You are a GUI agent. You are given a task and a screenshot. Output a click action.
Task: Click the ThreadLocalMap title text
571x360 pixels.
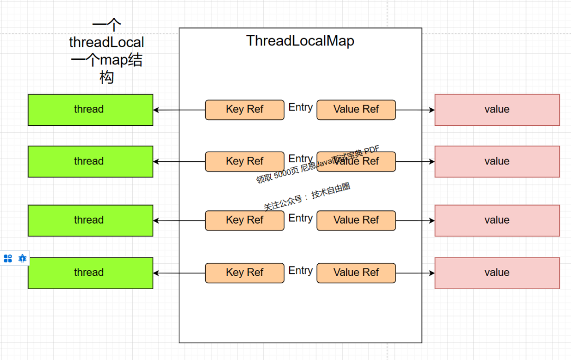(x=300, y=41)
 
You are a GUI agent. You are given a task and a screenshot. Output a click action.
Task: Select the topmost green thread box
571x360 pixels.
(x=90, y=110)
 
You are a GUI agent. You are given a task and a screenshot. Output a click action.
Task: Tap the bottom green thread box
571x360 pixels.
(x=90, y=273)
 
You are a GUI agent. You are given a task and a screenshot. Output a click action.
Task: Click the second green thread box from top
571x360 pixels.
(x=90, y=162)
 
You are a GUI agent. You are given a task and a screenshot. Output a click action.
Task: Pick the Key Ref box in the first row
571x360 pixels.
(x=244, y=110)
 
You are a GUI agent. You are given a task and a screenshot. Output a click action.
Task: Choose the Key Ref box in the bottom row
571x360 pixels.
(x=244, y=273)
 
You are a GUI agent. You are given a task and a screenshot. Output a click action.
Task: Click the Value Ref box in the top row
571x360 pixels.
(x=356, y=110)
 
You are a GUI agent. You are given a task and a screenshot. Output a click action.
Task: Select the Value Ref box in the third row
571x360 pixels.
(x=356, y=220)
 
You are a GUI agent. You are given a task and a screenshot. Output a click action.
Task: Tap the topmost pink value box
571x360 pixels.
(x=497, y=110)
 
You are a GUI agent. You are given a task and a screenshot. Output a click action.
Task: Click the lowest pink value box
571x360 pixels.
(x=497, y=273)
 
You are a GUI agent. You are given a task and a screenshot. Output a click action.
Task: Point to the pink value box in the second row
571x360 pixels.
(x=497, y=162)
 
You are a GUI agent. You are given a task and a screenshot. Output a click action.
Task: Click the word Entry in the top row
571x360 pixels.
(x=300, y=107)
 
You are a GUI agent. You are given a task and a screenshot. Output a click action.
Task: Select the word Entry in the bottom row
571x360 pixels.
(x=300, y=271)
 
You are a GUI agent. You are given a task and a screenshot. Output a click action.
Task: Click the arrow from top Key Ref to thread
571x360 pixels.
(x=179, y=110)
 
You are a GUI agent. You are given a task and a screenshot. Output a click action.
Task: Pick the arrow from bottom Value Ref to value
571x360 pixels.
(x=415, y=273)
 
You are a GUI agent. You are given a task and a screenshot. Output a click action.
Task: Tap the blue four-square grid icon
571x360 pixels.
(x=8, y=259)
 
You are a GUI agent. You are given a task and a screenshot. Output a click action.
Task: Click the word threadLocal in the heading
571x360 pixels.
(x=106, y=42)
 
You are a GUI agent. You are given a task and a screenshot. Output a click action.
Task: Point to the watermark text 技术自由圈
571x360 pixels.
(x=331, y=191)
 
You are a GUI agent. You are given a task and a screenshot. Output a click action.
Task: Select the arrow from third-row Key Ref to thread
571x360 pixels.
(x=179, y=220)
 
